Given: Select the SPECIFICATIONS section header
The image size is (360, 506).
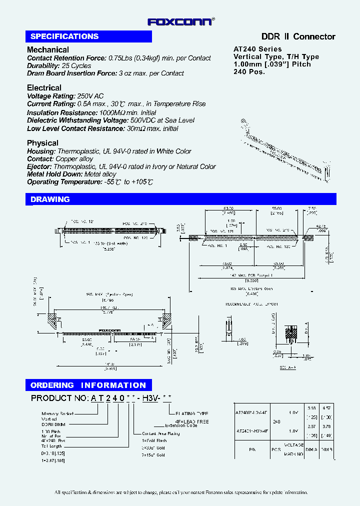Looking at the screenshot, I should [64, 36].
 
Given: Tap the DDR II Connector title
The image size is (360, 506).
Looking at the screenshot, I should [298, 36].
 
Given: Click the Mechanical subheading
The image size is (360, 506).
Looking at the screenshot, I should [48, 49].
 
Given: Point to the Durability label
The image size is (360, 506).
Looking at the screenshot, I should [43, 65].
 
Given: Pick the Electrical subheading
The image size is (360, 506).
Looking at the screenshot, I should [44, 87].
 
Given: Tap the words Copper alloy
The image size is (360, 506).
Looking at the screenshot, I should [75, 159].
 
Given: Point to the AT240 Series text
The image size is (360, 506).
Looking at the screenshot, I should [257, 49].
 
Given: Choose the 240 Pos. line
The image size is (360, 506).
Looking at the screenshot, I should [249, 71].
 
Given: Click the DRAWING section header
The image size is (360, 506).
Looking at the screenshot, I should [50, 199].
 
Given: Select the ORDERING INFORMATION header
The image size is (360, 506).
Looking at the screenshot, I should [88, 385].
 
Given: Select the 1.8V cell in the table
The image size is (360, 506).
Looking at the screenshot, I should [293, 429].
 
